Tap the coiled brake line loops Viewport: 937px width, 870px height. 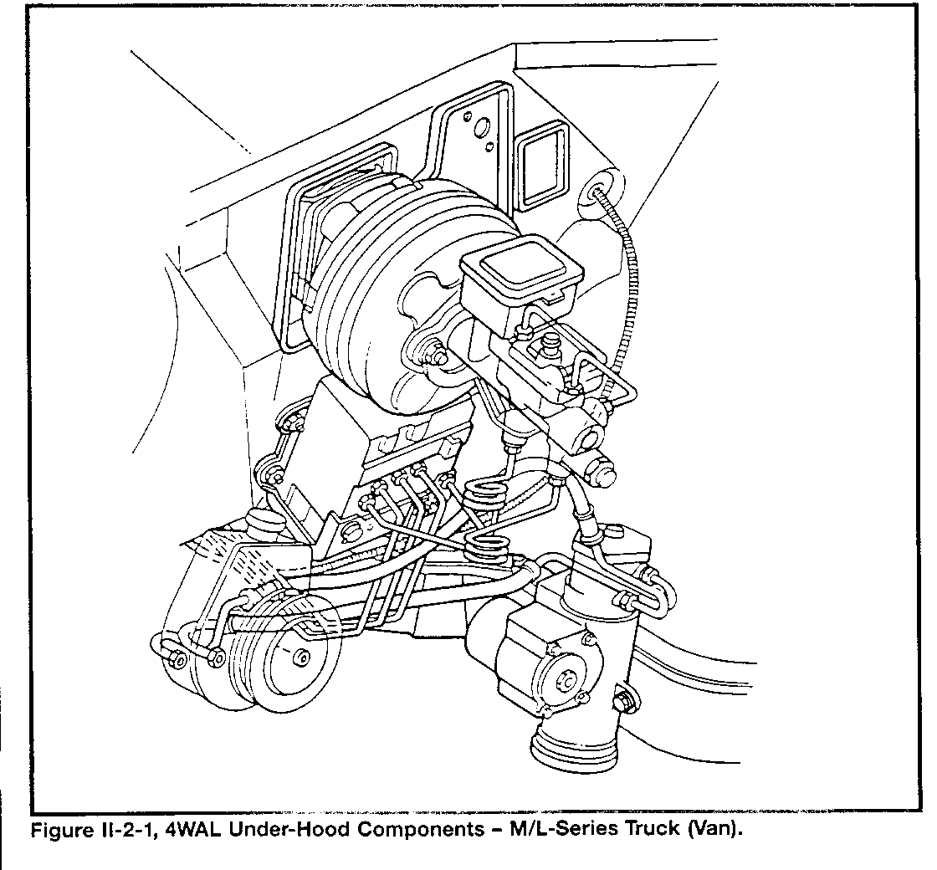coord(486,517)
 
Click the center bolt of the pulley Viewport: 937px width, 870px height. coord(301,658)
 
